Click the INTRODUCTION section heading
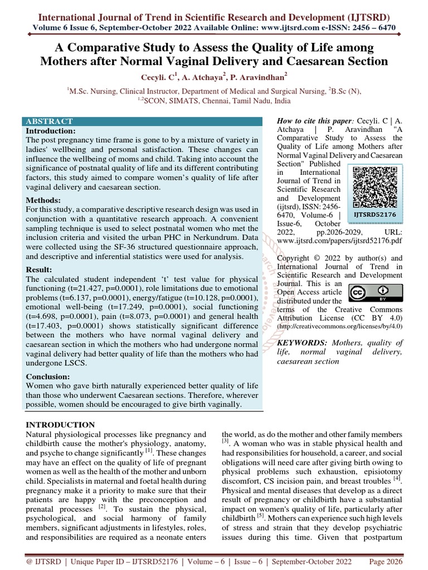[61, 425]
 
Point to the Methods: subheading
[43, 200]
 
